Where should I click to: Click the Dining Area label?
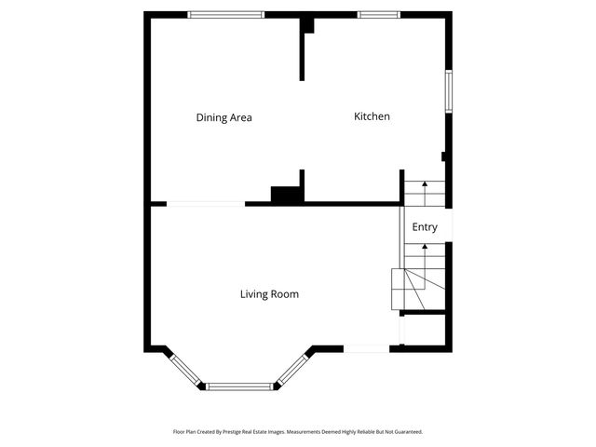223,117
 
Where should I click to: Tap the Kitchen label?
372,116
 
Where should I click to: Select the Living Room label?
269,294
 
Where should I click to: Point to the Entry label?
425,227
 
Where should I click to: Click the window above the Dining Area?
225,14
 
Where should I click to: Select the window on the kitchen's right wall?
448,91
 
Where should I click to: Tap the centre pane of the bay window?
240,386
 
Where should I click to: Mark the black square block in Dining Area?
283,194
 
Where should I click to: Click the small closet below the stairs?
424,330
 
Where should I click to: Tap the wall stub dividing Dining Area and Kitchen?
302,51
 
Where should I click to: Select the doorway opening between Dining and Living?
206,204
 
